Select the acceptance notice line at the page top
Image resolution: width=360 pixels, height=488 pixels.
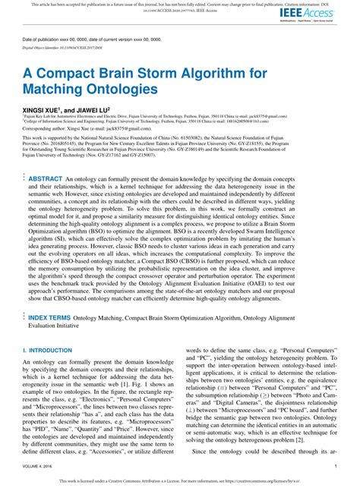tap(180, 4)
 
